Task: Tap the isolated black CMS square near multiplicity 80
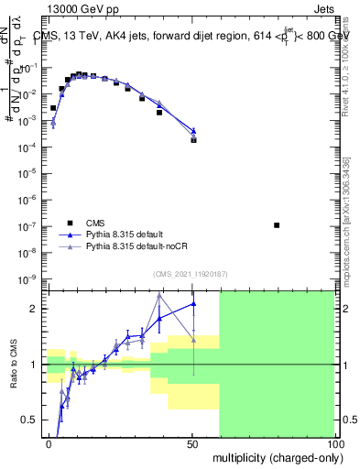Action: [277, 224]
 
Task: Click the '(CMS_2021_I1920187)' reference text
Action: [191, 273]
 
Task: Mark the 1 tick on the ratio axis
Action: [38, 365]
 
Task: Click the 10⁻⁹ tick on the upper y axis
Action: [32, 278]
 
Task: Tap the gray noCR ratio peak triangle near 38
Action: [159, 296]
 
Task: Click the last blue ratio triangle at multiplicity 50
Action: [193, 304]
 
